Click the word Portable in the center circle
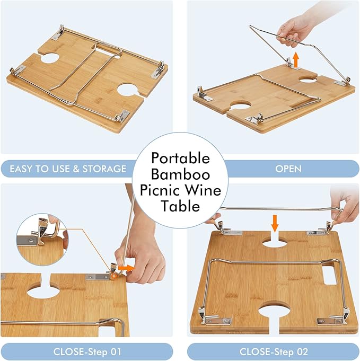click(x=180, y=158)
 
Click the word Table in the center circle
click(x=180, y=206)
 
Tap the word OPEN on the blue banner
click(x=288, y=169)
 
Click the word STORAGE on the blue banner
click(x=104, y=169)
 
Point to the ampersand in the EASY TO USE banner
click(x=76, y=169)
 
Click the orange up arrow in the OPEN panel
click(x=296, y=59)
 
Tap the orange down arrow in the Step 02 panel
click(x=274, y=223)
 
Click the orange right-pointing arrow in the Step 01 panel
click(x=126, y=268)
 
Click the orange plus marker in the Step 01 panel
click(x=114, y=276)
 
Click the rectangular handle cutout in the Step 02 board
click(x=330, y=276)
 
